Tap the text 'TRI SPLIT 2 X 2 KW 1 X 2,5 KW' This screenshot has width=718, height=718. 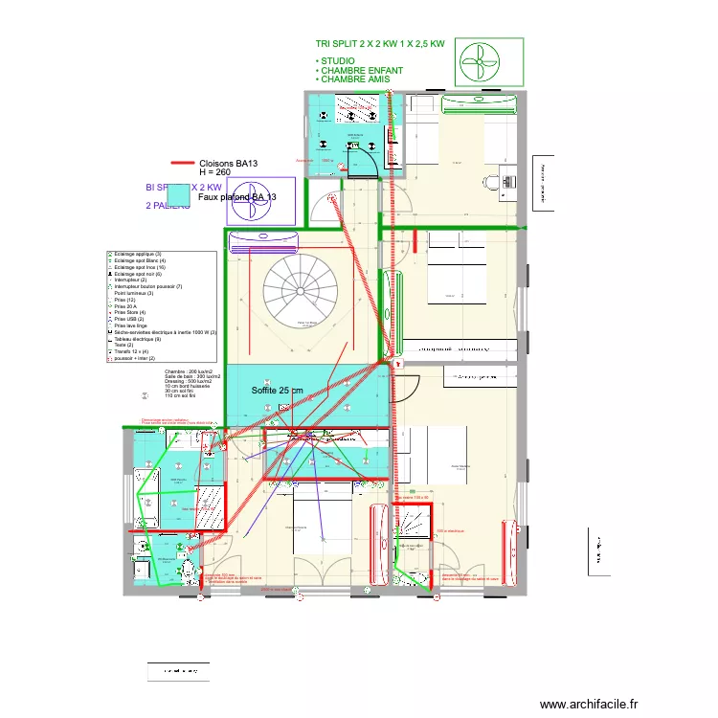[x=380, y=43]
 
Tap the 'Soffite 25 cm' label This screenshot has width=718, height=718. [x=278, y=391]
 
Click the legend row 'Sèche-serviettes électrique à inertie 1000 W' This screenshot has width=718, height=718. [x=163, y=332]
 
